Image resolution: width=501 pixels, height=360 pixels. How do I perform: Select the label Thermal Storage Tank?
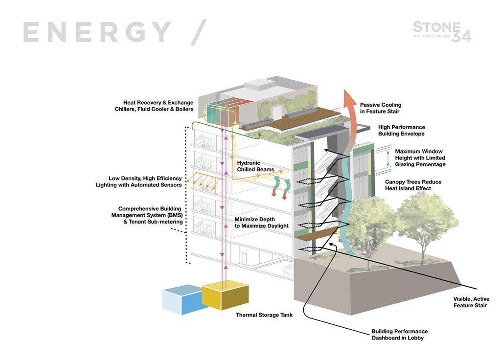tap(264, 315)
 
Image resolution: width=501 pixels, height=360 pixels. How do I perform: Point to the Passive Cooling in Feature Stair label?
tap(381, 108)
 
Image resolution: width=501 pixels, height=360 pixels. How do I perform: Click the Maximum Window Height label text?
tap(420, 158)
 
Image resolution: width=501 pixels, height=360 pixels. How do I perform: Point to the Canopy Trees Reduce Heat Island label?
tap(413, 185)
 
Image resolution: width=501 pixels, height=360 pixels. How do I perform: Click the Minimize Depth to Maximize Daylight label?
tap(261, 223)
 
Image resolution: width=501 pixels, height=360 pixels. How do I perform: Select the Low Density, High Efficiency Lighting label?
tap(139, 181)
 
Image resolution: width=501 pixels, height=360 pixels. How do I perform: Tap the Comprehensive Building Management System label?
tap(147, 215)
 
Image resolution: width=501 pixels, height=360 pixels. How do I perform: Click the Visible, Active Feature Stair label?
tap(471, 302)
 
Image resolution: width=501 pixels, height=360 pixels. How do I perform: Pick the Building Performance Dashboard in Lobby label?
tap(400, 334)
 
